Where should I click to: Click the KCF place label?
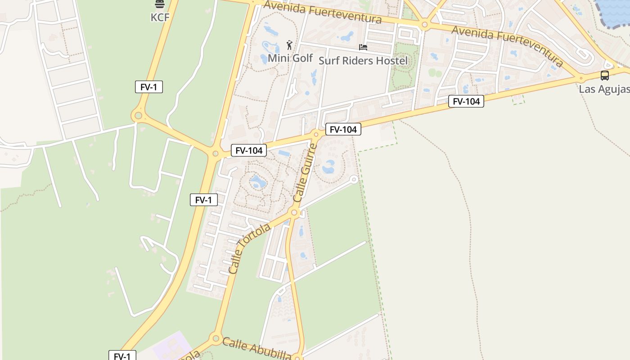[160, 17]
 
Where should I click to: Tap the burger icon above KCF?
[160, 4]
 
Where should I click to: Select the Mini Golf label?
[290, 58]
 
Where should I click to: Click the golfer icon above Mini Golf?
[290, 45]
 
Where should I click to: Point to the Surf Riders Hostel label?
[363, 60]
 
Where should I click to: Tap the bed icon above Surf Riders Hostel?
[363, 47]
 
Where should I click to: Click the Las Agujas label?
[604, 89]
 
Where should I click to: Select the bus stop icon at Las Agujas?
[605, 76]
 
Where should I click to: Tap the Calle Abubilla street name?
[257, 349]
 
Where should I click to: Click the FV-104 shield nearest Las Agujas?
[466, 102]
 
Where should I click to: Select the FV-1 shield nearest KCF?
[148, 87]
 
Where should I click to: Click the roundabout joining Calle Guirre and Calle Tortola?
[295, 212]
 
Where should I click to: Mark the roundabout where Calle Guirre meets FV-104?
[316, 134]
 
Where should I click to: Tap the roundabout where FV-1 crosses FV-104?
[215, 154]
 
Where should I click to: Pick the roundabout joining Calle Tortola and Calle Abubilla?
[216, 338]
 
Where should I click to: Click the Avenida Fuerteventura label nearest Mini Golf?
[323, 12]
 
